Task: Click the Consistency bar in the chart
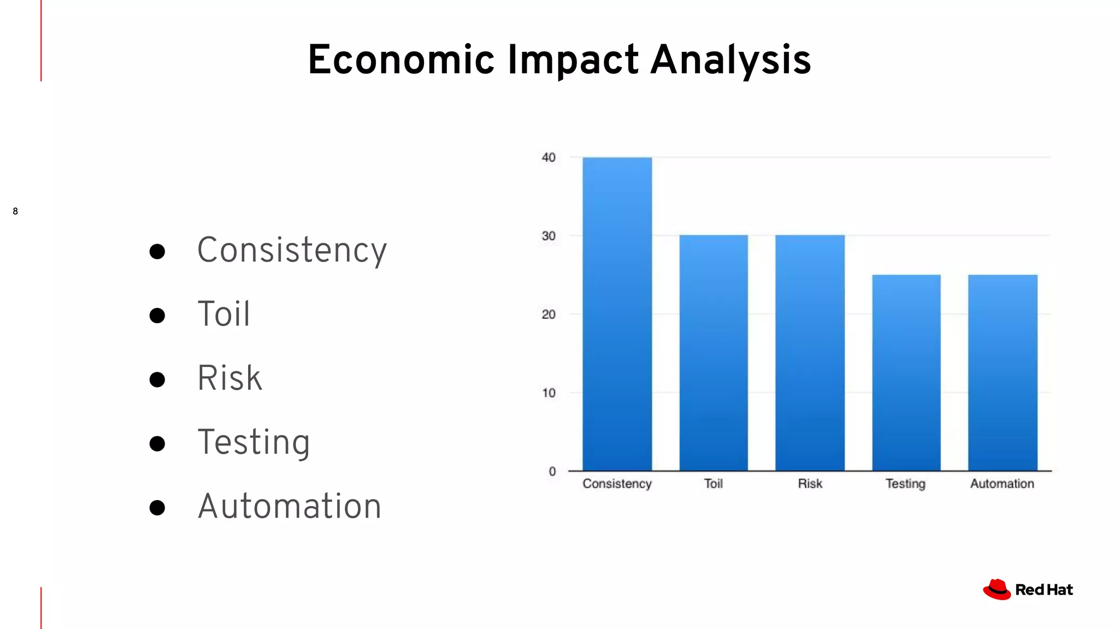tap(617, 314)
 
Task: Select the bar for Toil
tap(714, 353)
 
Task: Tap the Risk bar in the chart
tap(810, 353)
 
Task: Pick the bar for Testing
tap(906, 372)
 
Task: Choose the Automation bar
tap(1003, 372)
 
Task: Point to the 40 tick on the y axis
tap(549, 158)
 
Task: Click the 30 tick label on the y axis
tap(549, 236)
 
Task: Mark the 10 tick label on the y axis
tap(549, 393)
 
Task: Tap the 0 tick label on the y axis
tap(552, 471)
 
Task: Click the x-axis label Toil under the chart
tap(713, 484)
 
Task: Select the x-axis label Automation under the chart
tap(1002, 484)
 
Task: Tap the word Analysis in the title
tap(731, 60)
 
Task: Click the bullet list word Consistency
tap(292, 250)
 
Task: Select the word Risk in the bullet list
tap(229, 378)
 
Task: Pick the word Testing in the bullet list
tap(254, 442)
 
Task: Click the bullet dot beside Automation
tap(157, 508)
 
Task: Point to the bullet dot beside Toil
tap(157, 316)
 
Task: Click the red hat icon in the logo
tap(997, 590)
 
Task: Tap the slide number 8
tap(15, 211)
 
